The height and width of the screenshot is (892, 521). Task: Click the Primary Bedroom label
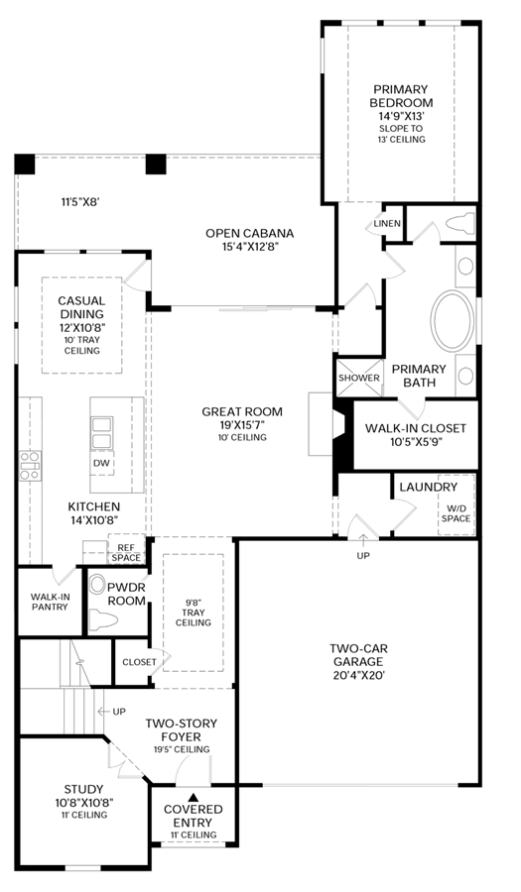(x=401, y=96)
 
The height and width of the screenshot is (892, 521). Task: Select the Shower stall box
(x=358, y=378)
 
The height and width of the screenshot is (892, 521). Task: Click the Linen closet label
(x=387, y=223)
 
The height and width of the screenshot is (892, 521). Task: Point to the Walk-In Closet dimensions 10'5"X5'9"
(x=416, y=441)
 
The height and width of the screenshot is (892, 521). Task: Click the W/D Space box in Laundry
(x=456, y=504)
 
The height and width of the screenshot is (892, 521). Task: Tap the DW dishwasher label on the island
(x=102, y=463)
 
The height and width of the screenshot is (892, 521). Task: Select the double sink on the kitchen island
(x=102, y=432)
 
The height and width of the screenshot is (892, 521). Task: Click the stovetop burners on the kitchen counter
(x=30, y=465)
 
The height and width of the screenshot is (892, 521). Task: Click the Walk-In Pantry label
(x=50, y=602)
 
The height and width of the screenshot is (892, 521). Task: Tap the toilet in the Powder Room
(x=104, y=620)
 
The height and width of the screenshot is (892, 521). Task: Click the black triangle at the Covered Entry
(x=194, y=797)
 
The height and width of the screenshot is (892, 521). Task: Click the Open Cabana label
(x=250, y=233)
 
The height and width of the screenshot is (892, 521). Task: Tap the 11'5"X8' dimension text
(x=80, y=201)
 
